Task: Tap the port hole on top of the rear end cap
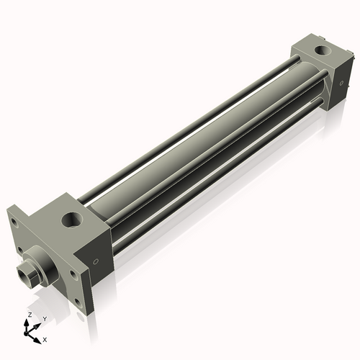318,52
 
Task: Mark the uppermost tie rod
180,123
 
